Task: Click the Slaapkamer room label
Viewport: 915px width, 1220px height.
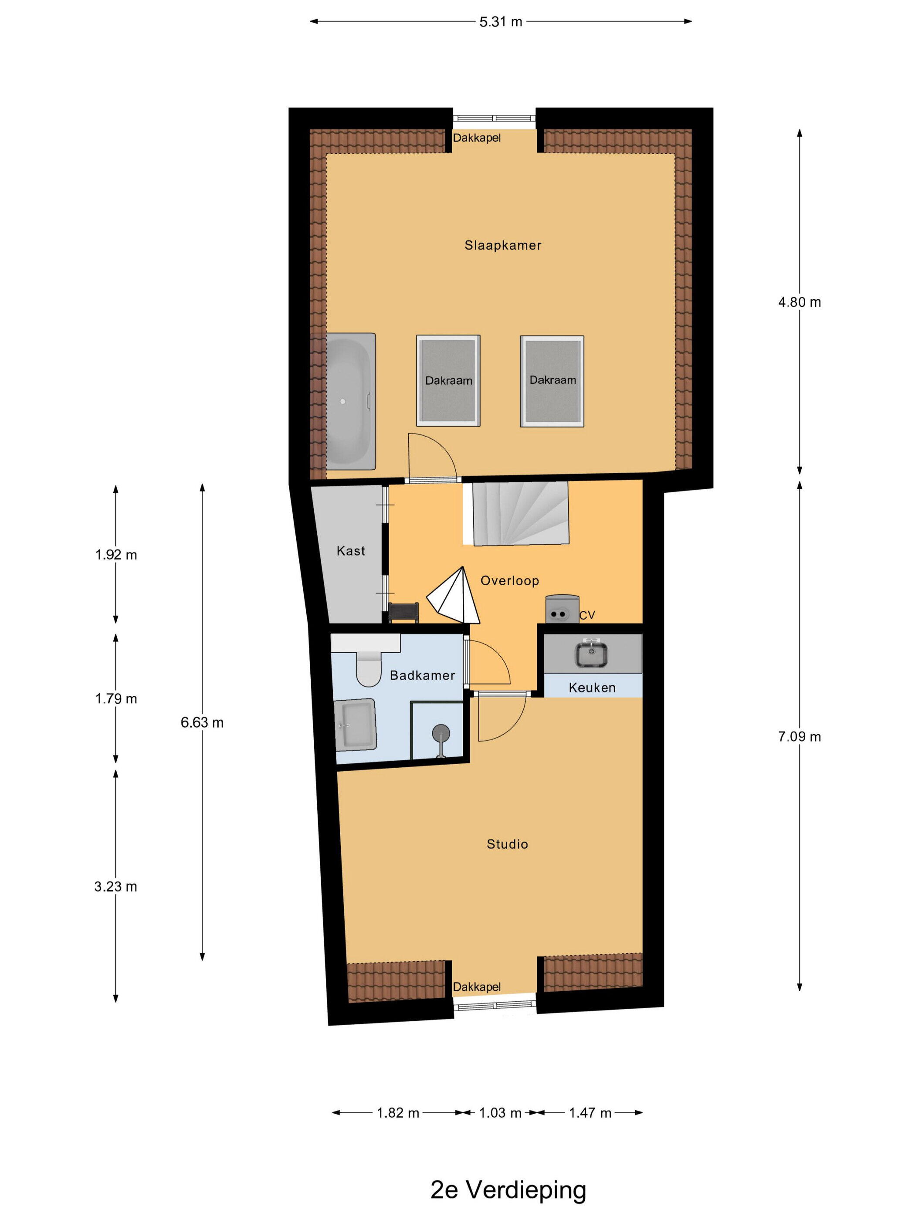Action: tap(502, 245)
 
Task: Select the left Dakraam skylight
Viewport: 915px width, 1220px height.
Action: tap(448, 380)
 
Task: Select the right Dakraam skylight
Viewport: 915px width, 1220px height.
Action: tap(552, 380)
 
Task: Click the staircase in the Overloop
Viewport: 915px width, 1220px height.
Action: tap(520, 513)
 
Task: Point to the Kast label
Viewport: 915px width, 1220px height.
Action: tap(351, 550)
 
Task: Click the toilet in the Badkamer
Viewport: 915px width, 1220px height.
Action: tap(369, 666)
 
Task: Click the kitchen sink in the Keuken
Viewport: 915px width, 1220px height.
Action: tap(592, 655)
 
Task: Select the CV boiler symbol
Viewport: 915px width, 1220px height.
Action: tap(562, 608)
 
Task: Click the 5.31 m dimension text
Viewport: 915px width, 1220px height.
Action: tap(500, 22)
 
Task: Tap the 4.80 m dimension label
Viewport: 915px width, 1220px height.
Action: tap(799, 302)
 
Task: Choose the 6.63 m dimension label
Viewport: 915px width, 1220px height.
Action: tap(202, 722)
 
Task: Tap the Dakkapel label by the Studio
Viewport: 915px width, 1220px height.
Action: tap(477, 987)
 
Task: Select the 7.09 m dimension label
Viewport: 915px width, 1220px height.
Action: tap(799, 736)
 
